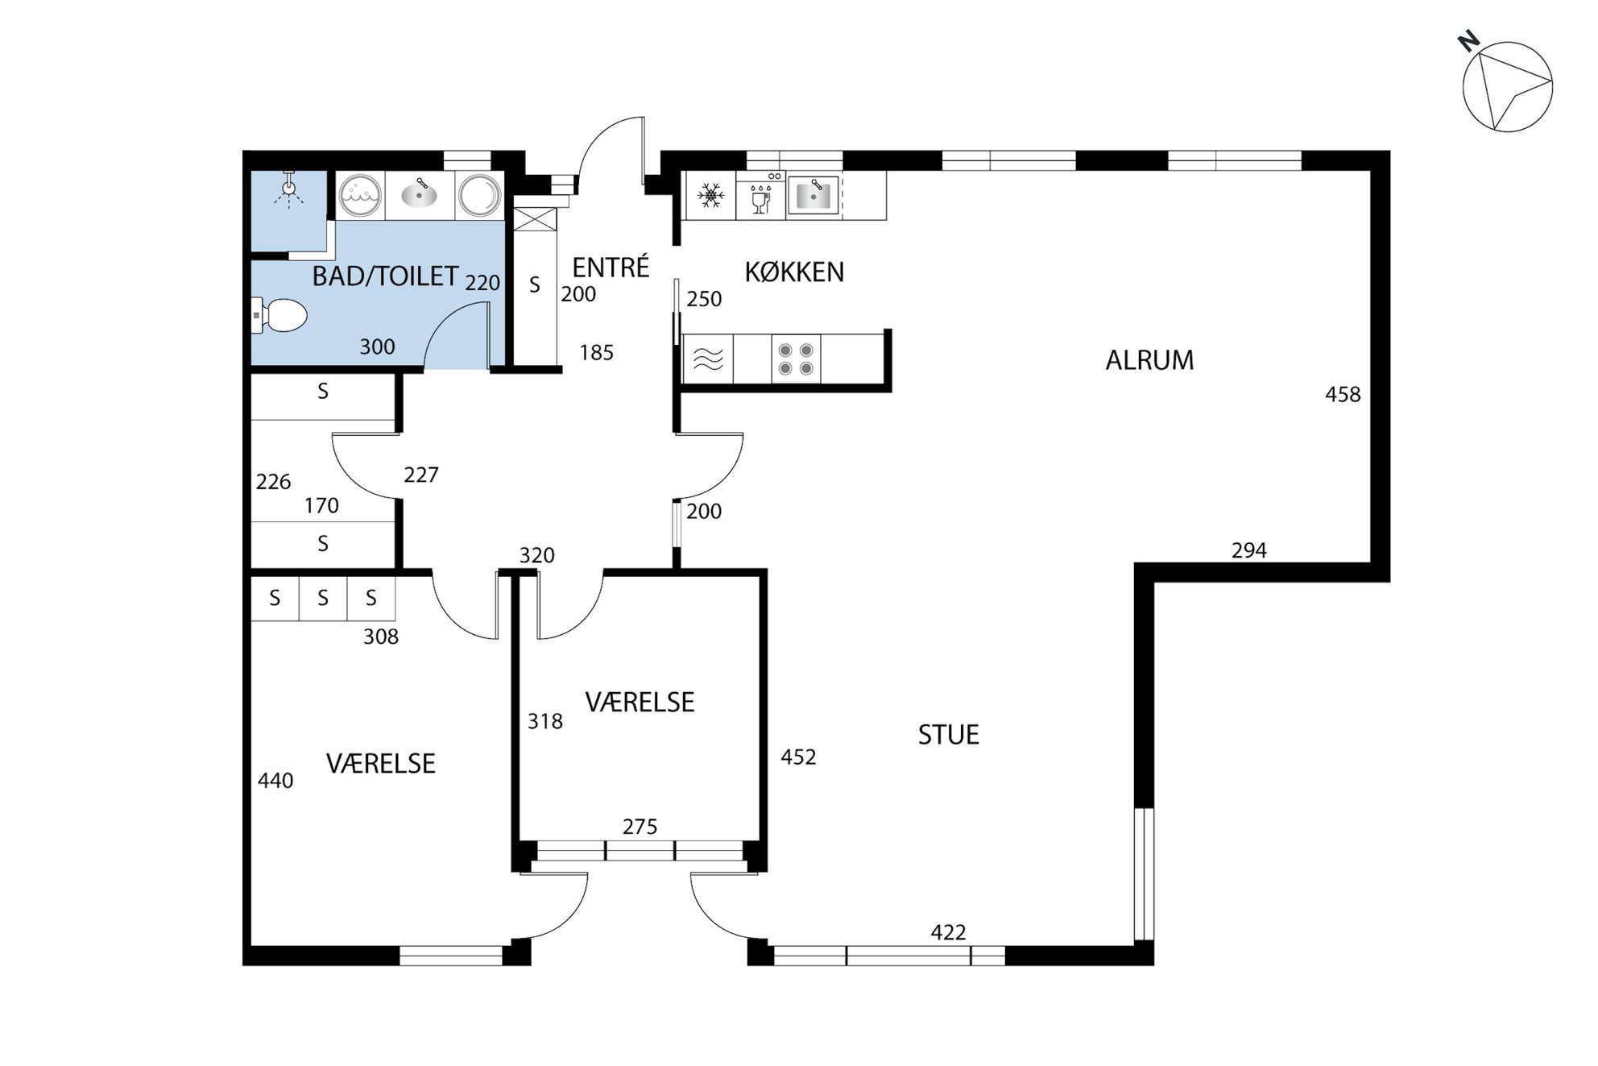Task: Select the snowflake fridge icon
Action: click(x=710, y=195)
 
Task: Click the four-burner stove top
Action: click(x=796, y=359)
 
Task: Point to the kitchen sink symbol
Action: click(x=813, y=196)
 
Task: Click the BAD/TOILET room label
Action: click(x=385, y=276)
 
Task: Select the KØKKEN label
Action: click(x=794, y=272)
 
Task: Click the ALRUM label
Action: click(x=1149, y=360)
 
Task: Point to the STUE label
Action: click(x=949, y=735)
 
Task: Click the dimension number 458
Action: click(x=1343, y=395)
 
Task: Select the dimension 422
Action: click(x=948, y=932)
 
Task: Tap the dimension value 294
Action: click(x=1249, y=550)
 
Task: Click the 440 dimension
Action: click(x=275, y=781)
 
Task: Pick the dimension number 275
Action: click(x=640, y=827)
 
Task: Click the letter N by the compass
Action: click(x=1469, y=42)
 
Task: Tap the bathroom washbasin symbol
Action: click(x=419, y=194)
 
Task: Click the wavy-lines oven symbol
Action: click(x=708, y=359)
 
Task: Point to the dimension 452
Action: click(x=798, y=757)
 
